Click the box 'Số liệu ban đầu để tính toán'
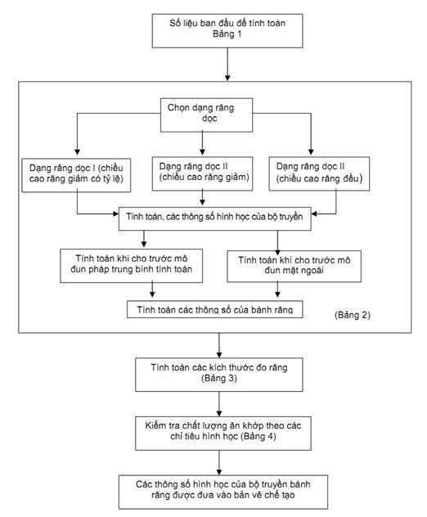[x=227, y=30]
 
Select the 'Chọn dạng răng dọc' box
[x=206, y=115]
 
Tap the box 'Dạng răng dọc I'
[x=76, y=175]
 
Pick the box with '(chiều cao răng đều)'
[x=319, y=173]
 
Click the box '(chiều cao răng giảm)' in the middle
[x=202, y=173]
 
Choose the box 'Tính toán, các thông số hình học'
[x=214, y=218]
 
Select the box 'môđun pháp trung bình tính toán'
[x=131, y=266]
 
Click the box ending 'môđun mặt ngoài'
[x=294, y=267]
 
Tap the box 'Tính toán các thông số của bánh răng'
[x=214, y=309]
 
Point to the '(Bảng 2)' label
[x=353, y=315]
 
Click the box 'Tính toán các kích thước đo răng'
[x=219, y=375]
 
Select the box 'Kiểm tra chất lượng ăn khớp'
[x=223, y=434]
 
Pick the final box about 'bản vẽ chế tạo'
[x=223, y=492]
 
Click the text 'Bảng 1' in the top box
[x=227, y=34]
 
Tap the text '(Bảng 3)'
[x=219, y=378]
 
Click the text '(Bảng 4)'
[x=258, y=437]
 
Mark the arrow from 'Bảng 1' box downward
[x=227, y=65]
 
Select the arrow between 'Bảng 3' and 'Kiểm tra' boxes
[x=219, y=404]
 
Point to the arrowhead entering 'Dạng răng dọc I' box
[x=77, y=152]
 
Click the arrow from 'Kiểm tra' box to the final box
[x=219, y=463]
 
